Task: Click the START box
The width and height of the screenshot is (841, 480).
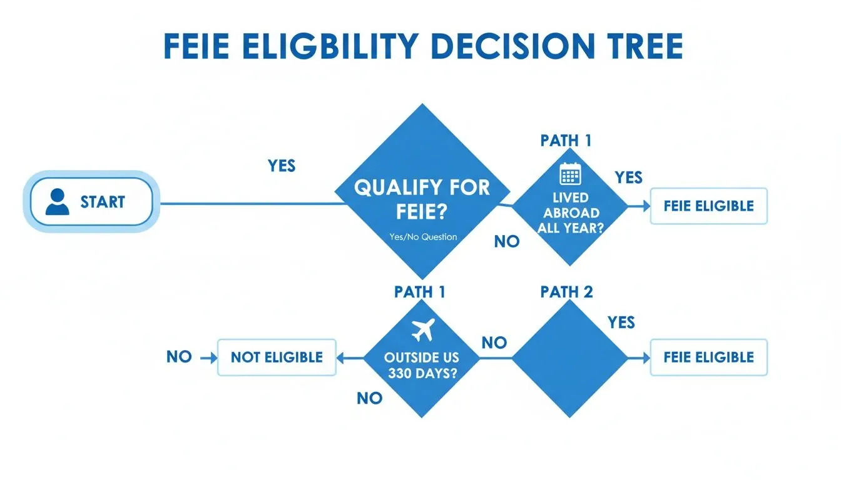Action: [x=91, y=201]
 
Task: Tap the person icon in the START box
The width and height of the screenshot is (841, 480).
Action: [x=58, y=202]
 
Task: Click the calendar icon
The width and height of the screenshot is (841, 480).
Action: [x=570, y=173]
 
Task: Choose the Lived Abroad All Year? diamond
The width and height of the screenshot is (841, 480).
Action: [x=570, y=206]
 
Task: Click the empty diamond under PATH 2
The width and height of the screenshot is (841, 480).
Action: [x=570, y=357]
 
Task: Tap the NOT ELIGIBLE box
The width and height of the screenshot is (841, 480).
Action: [x=277, y=357]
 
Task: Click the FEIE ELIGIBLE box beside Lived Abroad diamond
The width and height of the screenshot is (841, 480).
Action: [x=708, y=206]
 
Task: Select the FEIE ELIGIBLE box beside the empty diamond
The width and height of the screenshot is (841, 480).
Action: [x=708, y=357]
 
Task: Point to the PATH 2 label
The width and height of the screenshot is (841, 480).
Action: [x=566, y=292]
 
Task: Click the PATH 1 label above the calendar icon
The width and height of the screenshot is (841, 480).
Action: [x=566, y=141]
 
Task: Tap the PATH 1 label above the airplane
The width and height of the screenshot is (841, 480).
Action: [x=420, y=292]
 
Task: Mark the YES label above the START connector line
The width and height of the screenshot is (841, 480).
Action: [x=282, y=166]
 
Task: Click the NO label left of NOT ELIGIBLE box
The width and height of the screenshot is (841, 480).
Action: [x=179, y=357]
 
